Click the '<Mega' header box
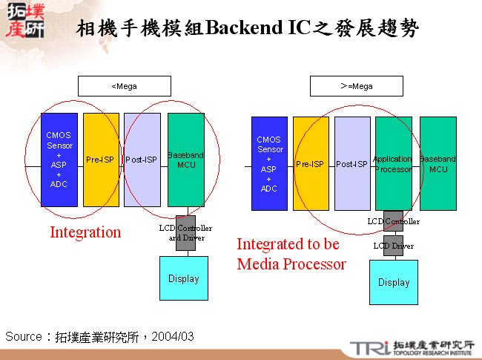pyautogui.click(x=124, y=86)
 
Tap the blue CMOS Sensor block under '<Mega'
pyautogui.click(x=59, y=160)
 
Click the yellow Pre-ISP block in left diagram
pyautogui.click(x=101, y=160)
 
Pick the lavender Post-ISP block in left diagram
pyautogui.click(x=142, y=160)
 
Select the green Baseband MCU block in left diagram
pyautogui.click(x=185, y=160)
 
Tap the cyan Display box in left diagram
pyautogui.click(x=184, y=278)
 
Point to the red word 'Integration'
pyautogui.click(x=85, y=232)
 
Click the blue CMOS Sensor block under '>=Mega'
pyautogui.click(x=269, y=163)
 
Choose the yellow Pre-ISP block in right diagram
pyautogui.click(x=311, y=163)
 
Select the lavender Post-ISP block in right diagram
pyautogui.click(x=352, y=163)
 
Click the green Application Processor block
pyautogui.click(x=393, y=163)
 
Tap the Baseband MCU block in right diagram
pyautogui.click(x=438, y=163)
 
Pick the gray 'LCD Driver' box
pyautogui.click(x=393, y=246)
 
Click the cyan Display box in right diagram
pyautogui.click(x=394, y=282)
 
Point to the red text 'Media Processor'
pyautogui.click(x=291, y=264)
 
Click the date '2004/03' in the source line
pyautogui.click(x=173, y=337)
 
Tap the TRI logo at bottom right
pyautogui.click(x=369, y=347)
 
